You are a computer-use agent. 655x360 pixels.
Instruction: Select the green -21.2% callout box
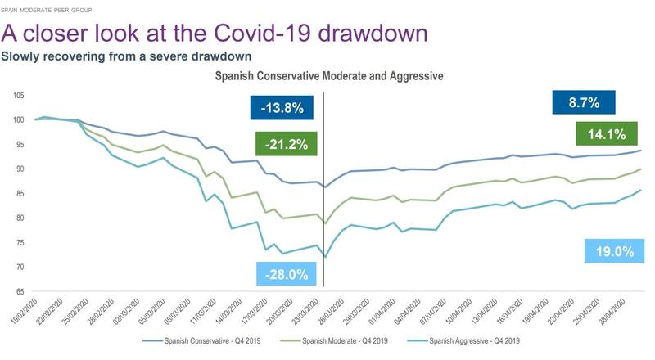point(286,145)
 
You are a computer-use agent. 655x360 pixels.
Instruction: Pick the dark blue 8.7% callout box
point(584,103)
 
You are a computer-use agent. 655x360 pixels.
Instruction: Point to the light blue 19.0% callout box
point(610,252)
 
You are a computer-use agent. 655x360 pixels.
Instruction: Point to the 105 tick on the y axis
point(18,95)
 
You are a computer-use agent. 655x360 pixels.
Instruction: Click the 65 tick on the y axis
point(20,291)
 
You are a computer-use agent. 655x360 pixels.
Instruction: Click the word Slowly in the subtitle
point(22,56)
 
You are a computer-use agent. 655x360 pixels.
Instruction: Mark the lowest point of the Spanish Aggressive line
point(326,257)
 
